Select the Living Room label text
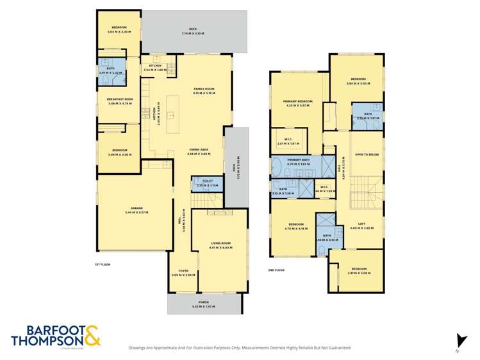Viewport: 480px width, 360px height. (220, 243)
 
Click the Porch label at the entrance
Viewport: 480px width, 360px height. (204, 302)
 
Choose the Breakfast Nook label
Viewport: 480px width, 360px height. (119, 99)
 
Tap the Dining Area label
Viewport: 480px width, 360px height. (199, 149)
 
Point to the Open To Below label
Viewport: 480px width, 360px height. (367, 154)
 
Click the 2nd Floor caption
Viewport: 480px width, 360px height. (276, 270)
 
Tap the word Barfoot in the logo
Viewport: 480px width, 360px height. (37, 330)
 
